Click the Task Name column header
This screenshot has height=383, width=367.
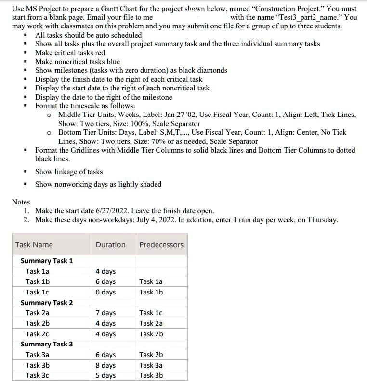tap(34, 244)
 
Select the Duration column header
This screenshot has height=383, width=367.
tap(110, 244)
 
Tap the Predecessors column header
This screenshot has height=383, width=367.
tap(161, 244)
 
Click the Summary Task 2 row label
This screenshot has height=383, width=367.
tap(47, 303)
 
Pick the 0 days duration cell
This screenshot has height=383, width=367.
tap(105, 292)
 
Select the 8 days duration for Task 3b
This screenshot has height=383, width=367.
tap(105, 365)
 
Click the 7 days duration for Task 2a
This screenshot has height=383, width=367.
tap(105, 313)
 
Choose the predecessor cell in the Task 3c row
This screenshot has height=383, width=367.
tap(151, 375)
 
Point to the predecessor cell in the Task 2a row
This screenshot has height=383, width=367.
tap(151, 313)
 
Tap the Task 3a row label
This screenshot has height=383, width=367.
tap(38, 355)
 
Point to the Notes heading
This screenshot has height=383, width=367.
tap(21, 202)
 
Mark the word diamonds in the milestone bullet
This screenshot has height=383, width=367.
tap(210, 70)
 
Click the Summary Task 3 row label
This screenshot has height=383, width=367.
tap(47, 344)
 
